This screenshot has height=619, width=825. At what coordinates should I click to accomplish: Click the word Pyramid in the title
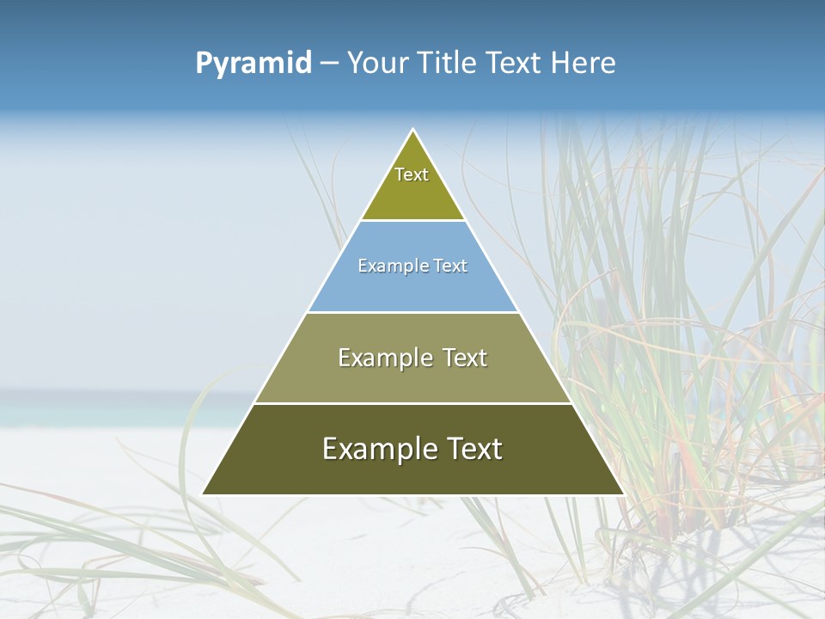pyautogui.click(x=253, y=64)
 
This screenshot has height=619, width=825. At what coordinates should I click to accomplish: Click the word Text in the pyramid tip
pyautogui.click(x=412, y=175)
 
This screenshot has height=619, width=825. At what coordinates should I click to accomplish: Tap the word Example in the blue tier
pyautogui.click(x=385, y=266)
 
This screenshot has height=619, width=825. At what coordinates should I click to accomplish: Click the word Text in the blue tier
pyautogui.click(x=450, y=266)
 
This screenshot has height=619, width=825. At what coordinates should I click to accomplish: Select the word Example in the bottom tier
pyautogui.click(x=374, y=449)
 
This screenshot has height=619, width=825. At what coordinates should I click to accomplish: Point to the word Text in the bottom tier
pyautogui.click(x=473, y=449)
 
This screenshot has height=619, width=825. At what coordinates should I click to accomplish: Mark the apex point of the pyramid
pyautogui.click(x=413, y=130)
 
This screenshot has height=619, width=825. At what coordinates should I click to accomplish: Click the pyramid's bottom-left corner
pyautogui.click(x=203, y=494)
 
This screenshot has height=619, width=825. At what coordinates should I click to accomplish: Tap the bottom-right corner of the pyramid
pyautogui.click(x=623, y=494)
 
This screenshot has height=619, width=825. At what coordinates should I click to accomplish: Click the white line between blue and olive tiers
pyautogui.click(x=412, y=312)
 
